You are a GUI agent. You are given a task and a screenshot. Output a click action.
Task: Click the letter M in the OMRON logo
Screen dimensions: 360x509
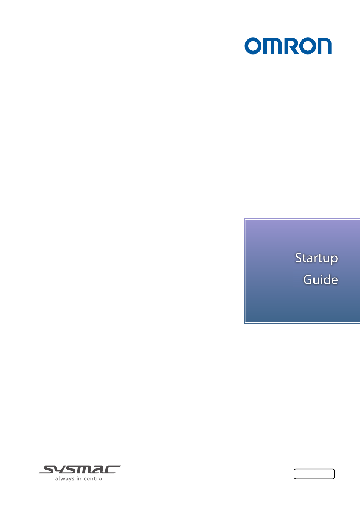pos(272,46)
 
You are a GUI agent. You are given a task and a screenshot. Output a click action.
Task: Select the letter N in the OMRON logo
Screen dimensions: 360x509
pos(324,46)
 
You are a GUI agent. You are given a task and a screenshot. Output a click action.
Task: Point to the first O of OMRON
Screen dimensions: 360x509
pos(253,46)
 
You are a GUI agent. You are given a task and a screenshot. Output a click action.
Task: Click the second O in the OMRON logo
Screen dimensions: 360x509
pos(307,46)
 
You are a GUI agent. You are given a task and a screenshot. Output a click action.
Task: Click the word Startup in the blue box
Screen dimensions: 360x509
pos(316,258)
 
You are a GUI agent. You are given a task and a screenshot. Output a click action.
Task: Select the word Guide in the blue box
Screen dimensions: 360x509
pos(321,279)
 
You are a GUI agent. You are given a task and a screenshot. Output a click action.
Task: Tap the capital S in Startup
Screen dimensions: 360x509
pos(299,258)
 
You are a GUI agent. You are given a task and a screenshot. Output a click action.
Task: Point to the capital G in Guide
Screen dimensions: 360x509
pos(307,280)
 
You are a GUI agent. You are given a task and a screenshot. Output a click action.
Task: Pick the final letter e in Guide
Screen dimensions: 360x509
pos(334,281)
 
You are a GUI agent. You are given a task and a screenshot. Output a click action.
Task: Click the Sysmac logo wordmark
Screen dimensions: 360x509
pos(79,470)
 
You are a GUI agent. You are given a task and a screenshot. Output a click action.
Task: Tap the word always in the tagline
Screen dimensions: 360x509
pos(65,479)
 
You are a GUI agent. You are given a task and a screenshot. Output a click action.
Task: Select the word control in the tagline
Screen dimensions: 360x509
pos(94,478)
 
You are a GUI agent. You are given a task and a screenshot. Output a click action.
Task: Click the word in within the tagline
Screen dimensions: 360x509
pos(79,479)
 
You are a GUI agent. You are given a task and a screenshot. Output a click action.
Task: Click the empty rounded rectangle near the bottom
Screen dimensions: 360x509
pos(314,474)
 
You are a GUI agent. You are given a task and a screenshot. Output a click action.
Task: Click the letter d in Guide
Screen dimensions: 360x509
pos(326,279)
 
